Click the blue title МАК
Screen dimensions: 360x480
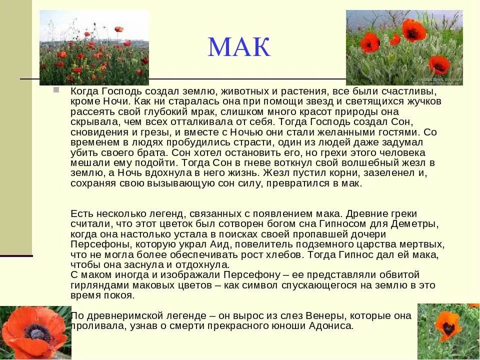239,47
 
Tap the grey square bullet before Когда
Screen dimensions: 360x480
55,90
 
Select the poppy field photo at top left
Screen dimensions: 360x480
94,47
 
